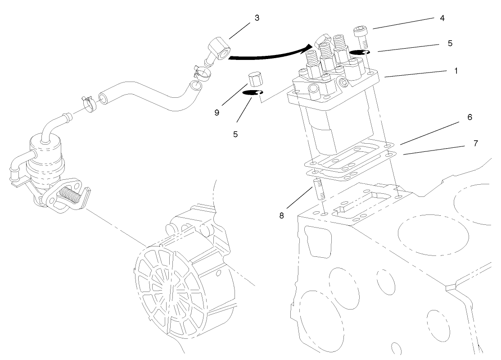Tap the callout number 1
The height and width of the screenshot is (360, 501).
456,71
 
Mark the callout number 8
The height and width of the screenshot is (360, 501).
282,216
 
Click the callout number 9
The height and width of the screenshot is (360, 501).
217,112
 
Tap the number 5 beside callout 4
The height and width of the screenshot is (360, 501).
450,44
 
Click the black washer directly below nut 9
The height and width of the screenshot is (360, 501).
253,93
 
